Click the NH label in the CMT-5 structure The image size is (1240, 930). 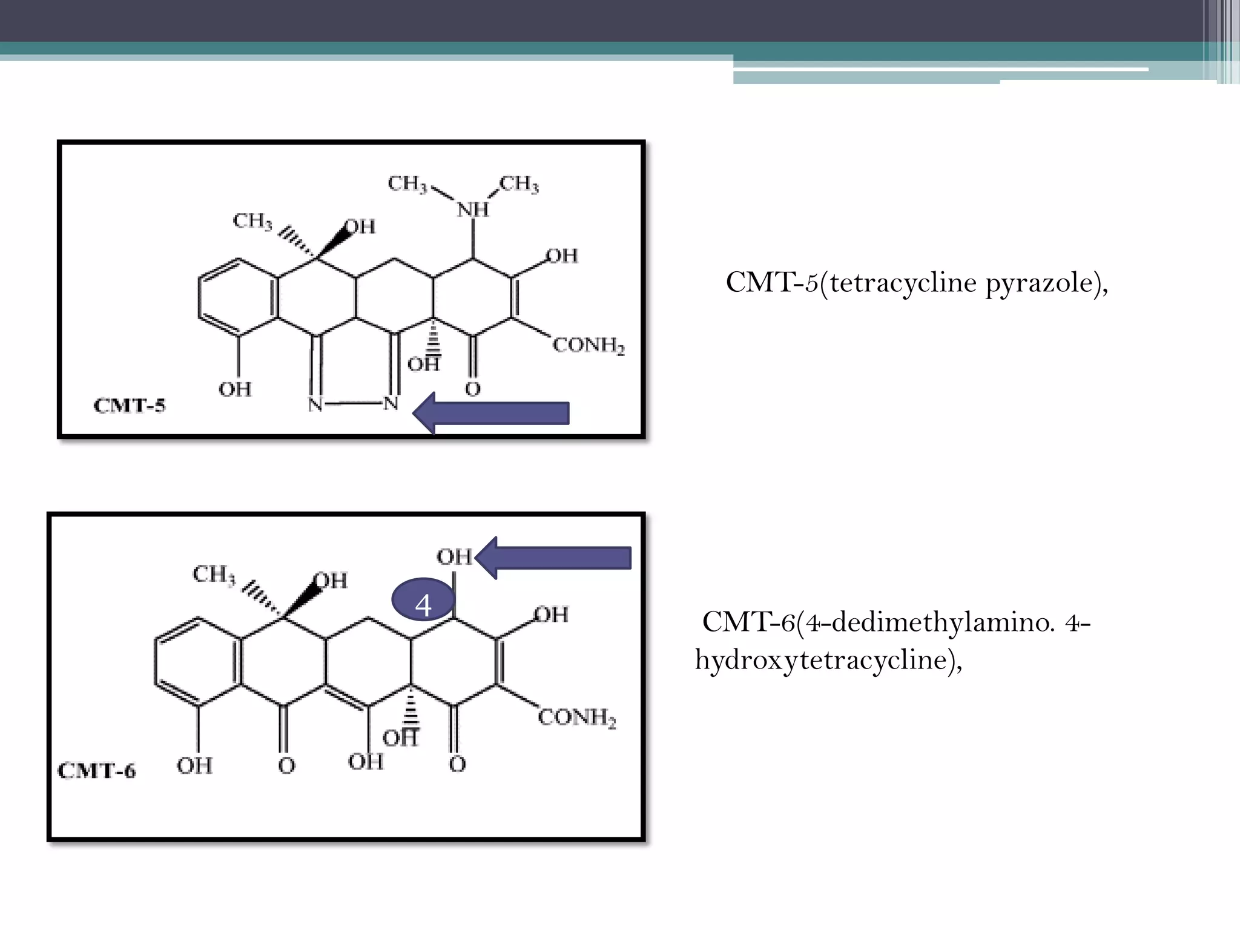point(473,209)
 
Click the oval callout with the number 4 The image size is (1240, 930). point(423,604)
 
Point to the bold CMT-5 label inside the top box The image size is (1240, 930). point(129,405)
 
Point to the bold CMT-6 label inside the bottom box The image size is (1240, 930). point(97,771)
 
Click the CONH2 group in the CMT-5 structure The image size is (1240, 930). point(589,346)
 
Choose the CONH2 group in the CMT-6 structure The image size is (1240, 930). point(577,718)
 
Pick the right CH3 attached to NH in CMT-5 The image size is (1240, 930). point(519,183)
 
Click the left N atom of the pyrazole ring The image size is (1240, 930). point(315,404)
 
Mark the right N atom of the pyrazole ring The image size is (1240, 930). point(391,403)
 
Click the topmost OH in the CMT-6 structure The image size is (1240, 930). point(454,556)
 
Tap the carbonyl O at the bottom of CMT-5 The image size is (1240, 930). point(473,389)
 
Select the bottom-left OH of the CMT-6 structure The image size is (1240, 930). point(194,766)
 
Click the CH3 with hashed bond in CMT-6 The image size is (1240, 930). point(213,574)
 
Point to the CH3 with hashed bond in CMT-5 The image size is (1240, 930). point(252,221)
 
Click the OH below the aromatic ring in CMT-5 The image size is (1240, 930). point(235,389)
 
